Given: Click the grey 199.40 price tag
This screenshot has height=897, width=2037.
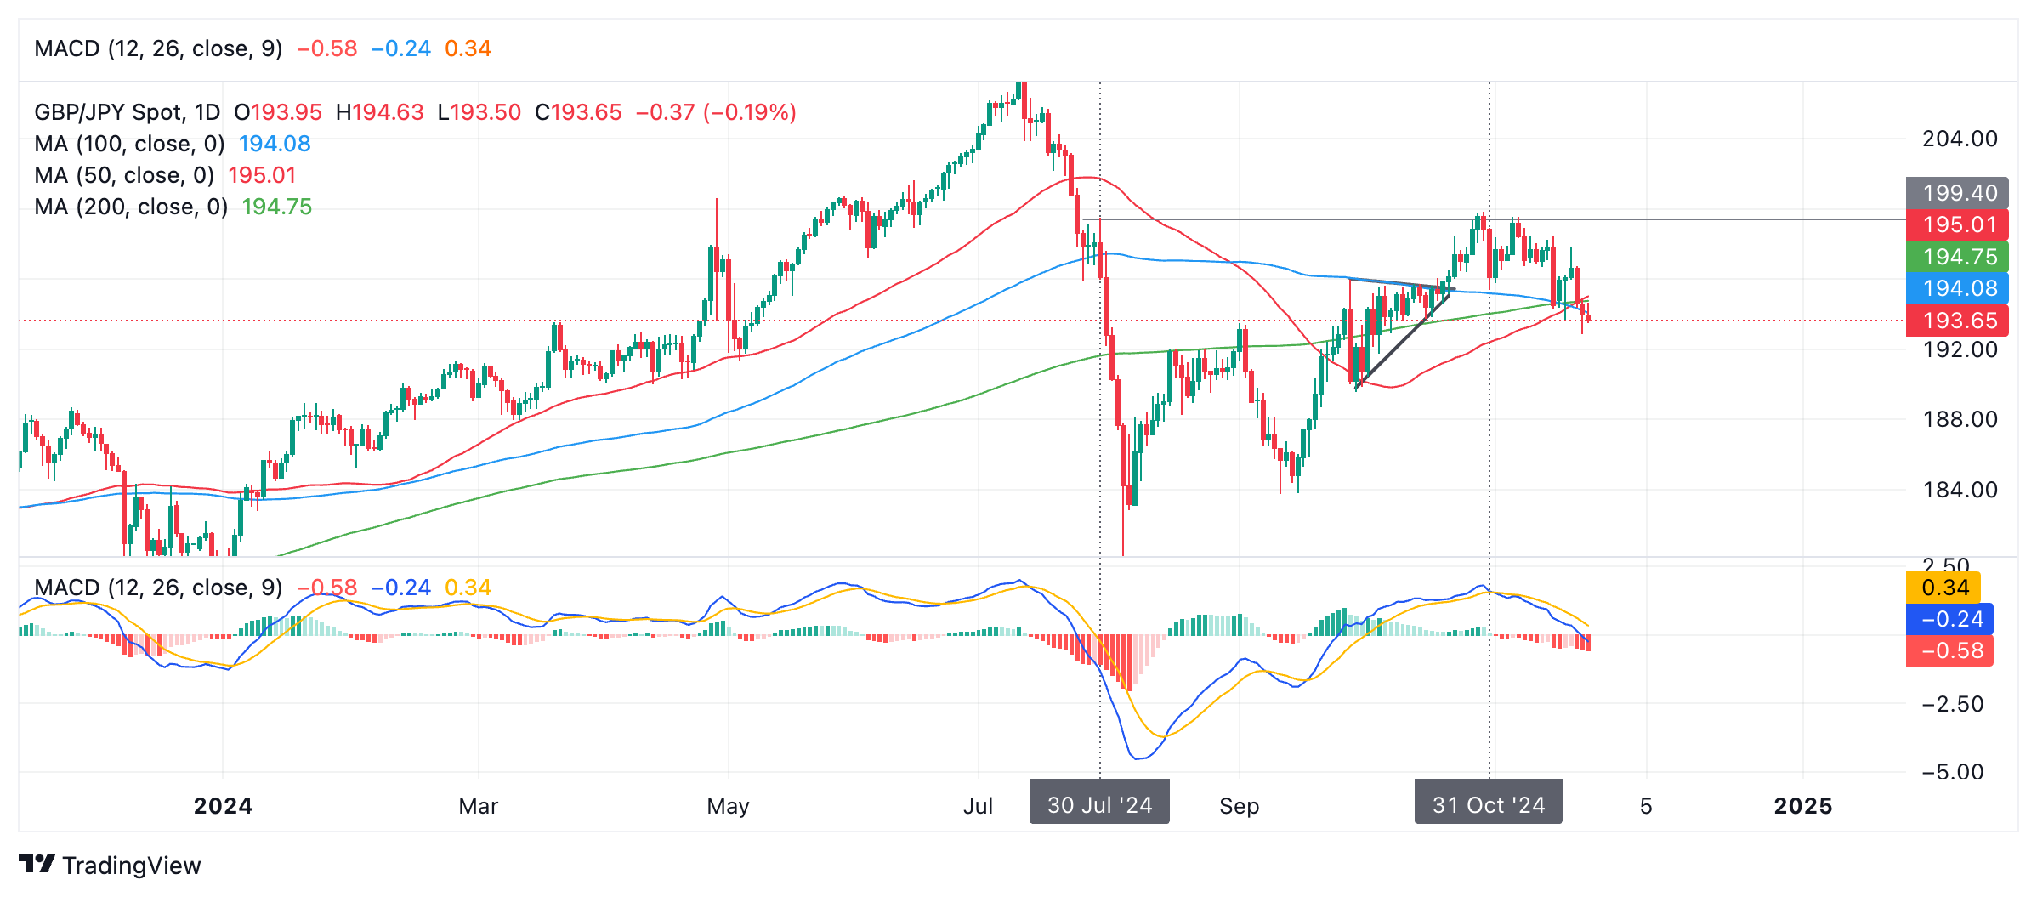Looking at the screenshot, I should [x=1957, y=193].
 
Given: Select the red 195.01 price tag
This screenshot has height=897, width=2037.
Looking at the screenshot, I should [x=1957, y=224].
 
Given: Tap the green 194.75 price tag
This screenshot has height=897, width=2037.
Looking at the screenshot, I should [x=1957, y=257].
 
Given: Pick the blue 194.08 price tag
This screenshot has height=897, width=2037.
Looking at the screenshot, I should [x=1957, y=288].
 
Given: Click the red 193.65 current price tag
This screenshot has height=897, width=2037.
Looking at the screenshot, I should [x=1957, y=321].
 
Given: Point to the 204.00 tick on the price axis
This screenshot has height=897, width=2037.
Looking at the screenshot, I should [x=1960, y=139].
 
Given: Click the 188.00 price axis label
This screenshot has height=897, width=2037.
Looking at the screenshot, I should [x=1960, y=419].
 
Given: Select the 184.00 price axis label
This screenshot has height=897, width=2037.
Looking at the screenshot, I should [x=1960, y=490].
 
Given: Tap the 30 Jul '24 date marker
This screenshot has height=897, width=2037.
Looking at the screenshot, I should [x=1099, y=804].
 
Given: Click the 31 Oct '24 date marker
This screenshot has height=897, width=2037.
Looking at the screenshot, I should [x=1488, y=804].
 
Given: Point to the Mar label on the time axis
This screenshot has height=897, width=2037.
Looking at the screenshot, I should [x=478, y=806].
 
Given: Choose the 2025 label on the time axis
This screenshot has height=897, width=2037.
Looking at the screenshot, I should [x=1802, y=806].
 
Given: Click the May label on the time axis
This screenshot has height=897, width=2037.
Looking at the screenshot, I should [x=728, y=806].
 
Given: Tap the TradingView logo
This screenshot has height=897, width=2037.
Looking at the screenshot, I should [x=110, y=866].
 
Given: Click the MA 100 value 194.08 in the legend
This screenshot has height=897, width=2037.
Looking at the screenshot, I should [x=275, y=144].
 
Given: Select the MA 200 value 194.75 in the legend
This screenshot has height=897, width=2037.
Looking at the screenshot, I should [x=277, y=207].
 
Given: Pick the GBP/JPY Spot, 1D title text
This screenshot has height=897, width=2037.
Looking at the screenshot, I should [x=127, y=112].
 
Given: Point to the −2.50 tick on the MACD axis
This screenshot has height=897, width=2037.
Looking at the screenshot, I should [x=1952, y=704].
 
